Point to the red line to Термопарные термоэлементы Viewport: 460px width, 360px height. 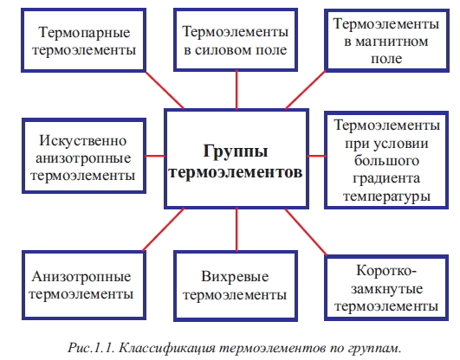click(165, 90)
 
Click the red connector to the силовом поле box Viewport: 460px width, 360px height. click(236, 90)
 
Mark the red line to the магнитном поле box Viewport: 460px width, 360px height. click(306, 90)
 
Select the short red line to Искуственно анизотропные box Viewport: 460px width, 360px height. click(155, 156)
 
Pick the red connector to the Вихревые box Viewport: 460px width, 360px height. click(236, 229)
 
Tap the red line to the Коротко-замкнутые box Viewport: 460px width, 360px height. click(306, 232)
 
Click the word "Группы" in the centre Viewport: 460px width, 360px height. click(236, 151)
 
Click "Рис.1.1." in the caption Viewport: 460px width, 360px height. click(92, 348)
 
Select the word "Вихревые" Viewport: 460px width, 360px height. click(235, 276)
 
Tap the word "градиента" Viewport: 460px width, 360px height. click(386, 179)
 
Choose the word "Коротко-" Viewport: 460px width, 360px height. click(386, 271)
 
